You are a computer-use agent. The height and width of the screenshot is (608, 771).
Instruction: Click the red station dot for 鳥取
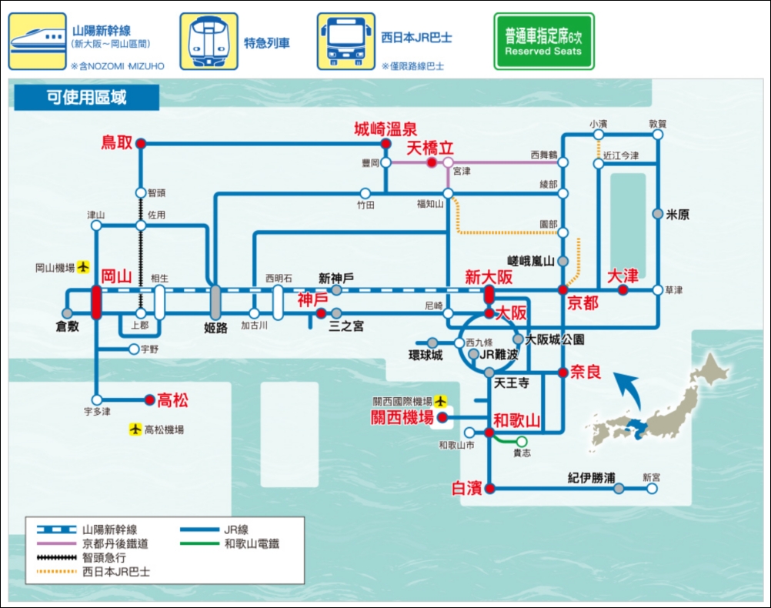pyautogui.click(x=141, y=144)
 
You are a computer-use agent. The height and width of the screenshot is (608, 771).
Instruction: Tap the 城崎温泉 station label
pyautogui.click(x=385, y=129)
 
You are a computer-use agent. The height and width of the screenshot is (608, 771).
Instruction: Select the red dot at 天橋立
pyautogui.click(x=431, y=162)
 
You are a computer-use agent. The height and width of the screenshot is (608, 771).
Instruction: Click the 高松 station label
pyautogui.click(x=172, y=400)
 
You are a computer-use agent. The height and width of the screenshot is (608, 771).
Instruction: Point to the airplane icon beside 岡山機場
pyautogui.click(x=83, y=267)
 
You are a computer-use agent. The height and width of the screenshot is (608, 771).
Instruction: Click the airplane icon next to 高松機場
pyautogui.click(x=135, y=429)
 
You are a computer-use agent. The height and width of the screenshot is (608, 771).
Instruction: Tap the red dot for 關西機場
pyautogui.click(x=442, y=418)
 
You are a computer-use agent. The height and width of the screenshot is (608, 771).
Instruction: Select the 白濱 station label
pyautogui.click(x=466, y=488)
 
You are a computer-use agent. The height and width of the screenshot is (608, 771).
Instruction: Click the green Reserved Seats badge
pyautogui.click(x=544, y=42)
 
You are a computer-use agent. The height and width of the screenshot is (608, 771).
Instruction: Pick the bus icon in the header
pyautogui.click(x=345, y=42)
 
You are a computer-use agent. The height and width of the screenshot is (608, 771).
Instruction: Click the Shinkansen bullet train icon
pyautogui.click(x=38, y=42)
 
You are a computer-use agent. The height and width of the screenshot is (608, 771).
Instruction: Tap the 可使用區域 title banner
pyautogui.click(x=86, y=98)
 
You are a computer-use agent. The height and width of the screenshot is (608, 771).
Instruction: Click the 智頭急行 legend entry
pyautogui.click(x=81, y=557)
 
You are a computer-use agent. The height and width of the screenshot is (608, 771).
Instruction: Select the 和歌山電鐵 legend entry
pyautogui.click(x=229, y=543)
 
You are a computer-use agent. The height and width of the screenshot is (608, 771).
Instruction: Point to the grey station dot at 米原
pyautogui.click(x=657, y=214)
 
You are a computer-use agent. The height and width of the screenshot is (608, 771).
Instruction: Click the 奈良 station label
pyautogui.click(x=586, y=372)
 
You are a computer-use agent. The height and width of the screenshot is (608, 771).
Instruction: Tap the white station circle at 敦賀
pyautogui.click(x=657, y=134)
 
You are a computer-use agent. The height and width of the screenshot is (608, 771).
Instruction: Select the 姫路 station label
pyautogui.click(x=216, y=328)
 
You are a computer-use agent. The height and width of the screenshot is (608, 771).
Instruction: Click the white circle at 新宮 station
pyautogui.click(x=652, y=489)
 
